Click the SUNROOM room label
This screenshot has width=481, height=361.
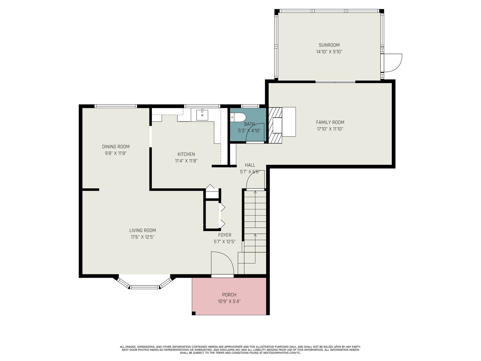pyautogui.click(x=329, y=45)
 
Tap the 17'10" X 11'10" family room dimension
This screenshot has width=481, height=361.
pyautogui.click(x=330, y=129)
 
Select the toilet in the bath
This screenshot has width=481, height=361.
pyautogui.click(x=238, y=117)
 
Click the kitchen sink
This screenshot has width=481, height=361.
pyautogui.click(x=202, y=115)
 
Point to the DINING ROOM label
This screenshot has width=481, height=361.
pyautogui.click(x=116, y=147)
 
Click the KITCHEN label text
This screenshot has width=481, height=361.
pyautogui.click(x=186, y=154)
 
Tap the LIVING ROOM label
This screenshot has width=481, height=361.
pyautogui.click(x=142, y=230)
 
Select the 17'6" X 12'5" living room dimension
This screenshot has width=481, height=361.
pyautogui.click(x=142, y=237)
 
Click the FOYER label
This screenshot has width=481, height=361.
pyautogui.click(x=225, y=235)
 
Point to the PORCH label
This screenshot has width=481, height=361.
pyautogui.click(x=229, y=295)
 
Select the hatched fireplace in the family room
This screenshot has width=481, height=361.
pyautogui.click(x=275, y=125)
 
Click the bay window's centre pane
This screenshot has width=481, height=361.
pyautogui.click(x=144, y=287)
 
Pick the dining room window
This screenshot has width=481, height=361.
pyautogui.click(x=116, y=106)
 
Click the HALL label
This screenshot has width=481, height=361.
pyautogui.click(x=250, y=165)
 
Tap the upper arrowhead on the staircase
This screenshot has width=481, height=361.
pyautogui.click(x=255, y=192)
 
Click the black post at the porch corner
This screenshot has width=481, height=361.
pyautogui.click(x=194, y=313)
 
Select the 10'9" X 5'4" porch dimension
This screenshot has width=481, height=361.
pyautogui.click(x=229, y=301)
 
